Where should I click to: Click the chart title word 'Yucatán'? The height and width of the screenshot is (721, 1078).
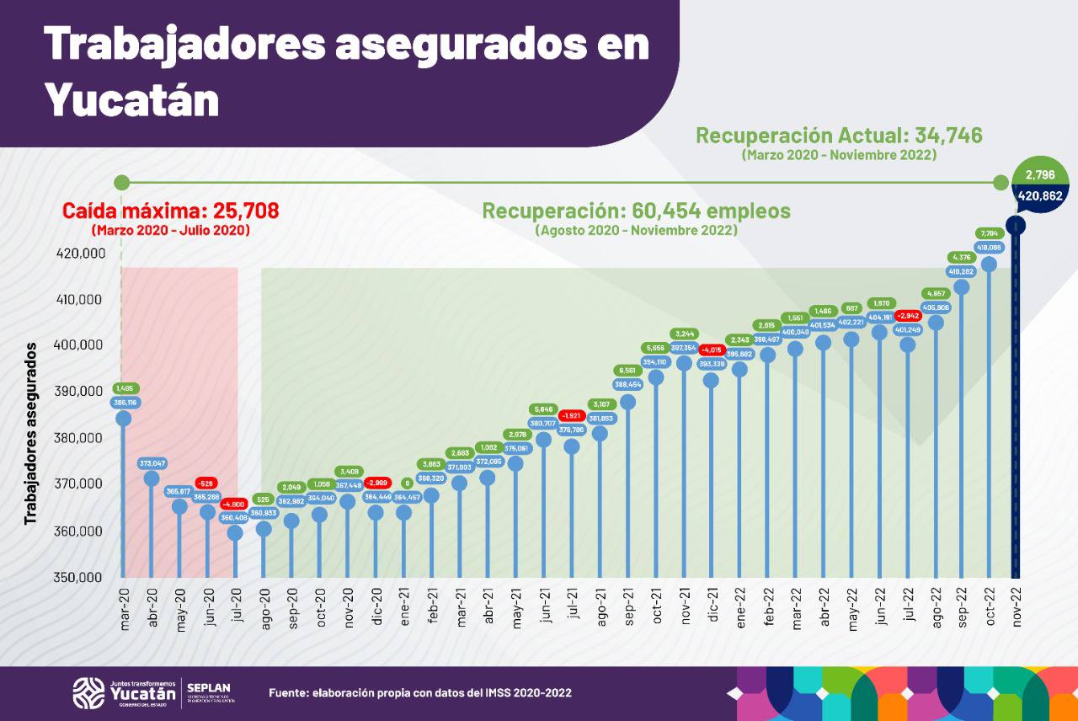coord(131,99)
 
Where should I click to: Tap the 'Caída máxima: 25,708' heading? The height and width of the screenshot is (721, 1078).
coord(171,211)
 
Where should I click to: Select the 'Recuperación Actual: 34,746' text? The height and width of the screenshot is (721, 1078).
coord(839,136)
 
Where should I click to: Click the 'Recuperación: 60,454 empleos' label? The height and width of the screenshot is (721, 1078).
coord(636,211)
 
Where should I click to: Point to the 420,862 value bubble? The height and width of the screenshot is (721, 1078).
coord(1041,196)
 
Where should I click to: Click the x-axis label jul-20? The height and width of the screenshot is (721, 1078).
coord(235,606)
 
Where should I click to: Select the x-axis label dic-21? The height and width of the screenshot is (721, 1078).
coord(712,606)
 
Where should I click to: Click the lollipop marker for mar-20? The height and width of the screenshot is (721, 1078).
coord(123,418)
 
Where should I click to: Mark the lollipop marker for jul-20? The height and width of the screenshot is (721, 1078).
coord(235,532)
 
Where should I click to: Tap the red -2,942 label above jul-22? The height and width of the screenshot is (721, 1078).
coord(908,316)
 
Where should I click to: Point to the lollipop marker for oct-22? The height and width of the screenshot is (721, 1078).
coord(989,264)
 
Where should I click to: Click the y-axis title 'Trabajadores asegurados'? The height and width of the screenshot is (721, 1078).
coord(31,433)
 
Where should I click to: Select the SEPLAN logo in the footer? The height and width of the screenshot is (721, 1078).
coord(209,692)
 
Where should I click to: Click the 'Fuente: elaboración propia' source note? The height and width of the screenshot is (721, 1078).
coord(419,693)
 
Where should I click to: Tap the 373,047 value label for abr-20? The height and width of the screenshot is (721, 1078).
coord(152,463)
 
